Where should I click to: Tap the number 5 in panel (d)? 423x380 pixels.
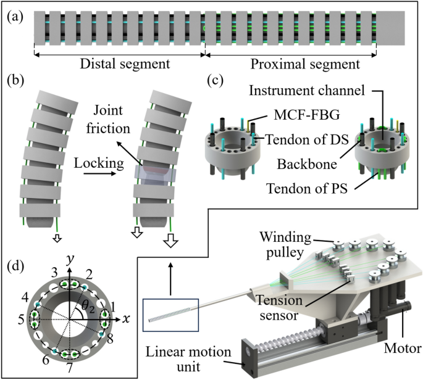pyautogui.click(x=22, y=320)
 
